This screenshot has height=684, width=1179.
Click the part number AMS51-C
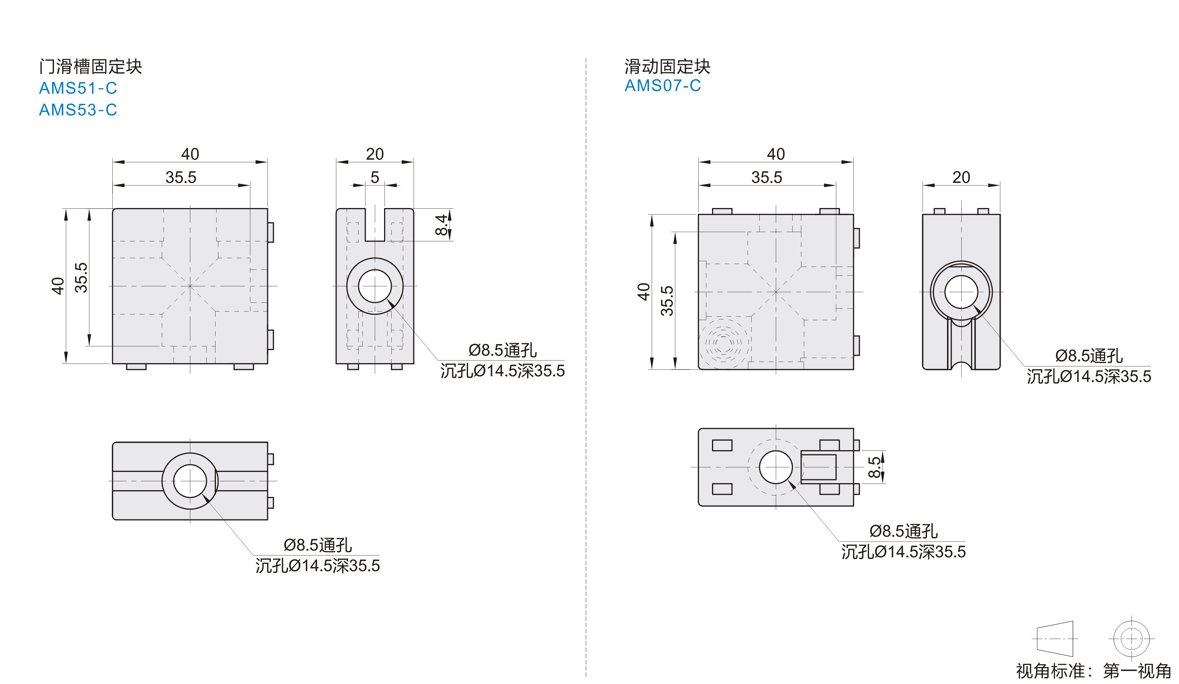point(78,88)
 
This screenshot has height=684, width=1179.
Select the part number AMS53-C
point(78,109)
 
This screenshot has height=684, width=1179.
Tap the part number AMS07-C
point(663,85)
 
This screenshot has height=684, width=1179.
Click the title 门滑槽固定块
point(90,66)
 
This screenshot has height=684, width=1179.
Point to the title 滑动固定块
point(667,66)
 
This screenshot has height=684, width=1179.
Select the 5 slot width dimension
point(375,177)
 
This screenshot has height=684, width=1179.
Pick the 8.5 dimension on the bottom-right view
point(874,467)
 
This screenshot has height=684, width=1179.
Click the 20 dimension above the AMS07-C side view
point(961,177)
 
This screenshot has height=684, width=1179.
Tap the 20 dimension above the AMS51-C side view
point(375,154)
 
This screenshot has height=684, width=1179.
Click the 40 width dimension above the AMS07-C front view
point(776,154)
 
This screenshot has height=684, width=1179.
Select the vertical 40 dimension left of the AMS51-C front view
point(58,286)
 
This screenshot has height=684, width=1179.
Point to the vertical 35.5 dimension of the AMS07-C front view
point(667,301)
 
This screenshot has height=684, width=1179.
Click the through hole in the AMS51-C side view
point(375,286)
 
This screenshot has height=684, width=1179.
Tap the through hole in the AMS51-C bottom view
point(190,481)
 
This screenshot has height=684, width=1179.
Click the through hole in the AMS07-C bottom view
point(776,467)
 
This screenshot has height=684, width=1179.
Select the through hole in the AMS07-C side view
point(961,292)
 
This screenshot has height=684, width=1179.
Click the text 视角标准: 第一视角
point(1093,671)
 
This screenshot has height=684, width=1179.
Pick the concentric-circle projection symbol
point(1131,639)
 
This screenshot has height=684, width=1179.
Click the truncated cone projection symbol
point(1055,639)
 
